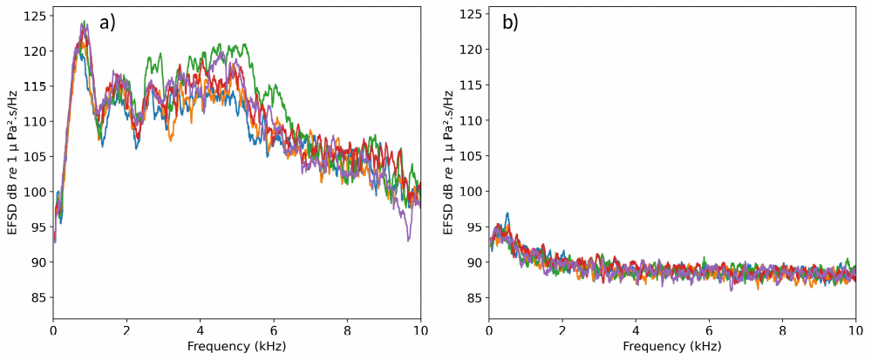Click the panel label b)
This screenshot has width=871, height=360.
pyautogui.click(x=510, y=24)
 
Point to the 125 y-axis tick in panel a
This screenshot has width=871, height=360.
pyautogui.click(x=37, y=15)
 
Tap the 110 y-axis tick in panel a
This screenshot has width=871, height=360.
pyautogui.click(x=37, y=121)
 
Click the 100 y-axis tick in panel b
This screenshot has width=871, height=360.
pyautogui.click(x=473, y=192)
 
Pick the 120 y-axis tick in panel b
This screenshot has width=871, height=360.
pyautogui.click(x=473, y=50)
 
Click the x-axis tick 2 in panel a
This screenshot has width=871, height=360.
pyautogui.click(x=126, y=331)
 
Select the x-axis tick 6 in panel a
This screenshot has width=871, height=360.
pyautogui.click(x=274, y=331)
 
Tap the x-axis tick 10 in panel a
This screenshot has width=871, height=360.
pyautogui.click(x=420, y=331)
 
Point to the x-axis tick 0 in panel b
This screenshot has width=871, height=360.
pyautogui.click(x=489, y=331)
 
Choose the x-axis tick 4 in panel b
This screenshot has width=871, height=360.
pyautogui.click(x=636, y=331)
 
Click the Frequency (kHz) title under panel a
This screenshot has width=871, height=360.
pyautogui.click(x=236, y=347)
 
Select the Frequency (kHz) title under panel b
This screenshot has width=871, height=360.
pyautogui.click(x=672, y=347)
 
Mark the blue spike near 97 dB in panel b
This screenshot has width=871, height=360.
pyautogui.click(x=507, y=214)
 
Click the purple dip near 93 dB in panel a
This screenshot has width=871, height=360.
pyautogui.click(x=407, y=240)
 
